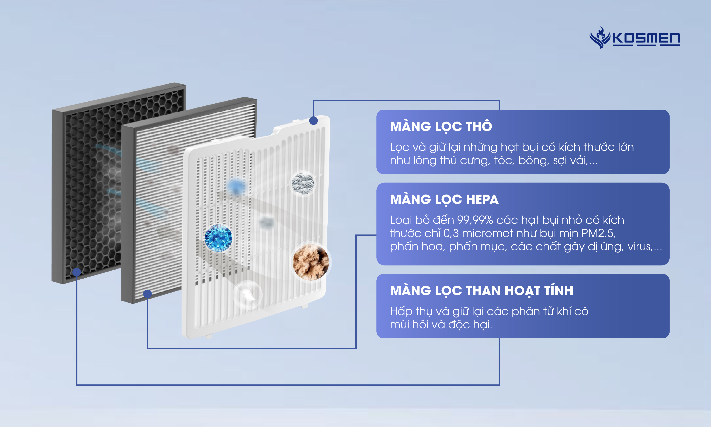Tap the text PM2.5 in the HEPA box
[x=598, y=233]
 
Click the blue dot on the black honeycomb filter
[x=76, y=272]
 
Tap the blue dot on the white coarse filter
[x=314, y=121]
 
